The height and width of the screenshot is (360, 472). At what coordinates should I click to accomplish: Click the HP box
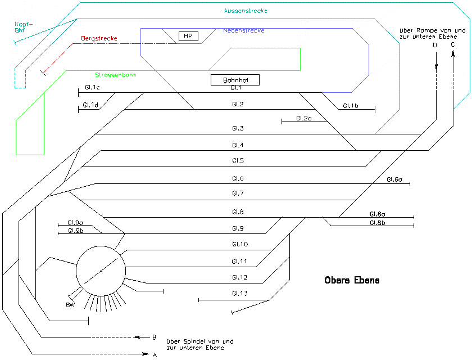tap(188, 36)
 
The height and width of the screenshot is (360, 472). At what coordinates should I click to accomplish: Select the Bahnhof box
tap(235, 80)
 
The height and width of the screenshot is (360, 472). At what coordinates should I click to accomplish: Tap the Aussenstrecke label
tap(245, 11)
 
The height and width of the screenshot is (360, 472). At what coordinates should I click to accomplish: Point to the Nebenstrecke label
tap(243, 30)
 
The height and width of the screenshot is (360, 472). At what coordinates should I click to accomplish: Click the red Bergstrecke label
tap(99, 38)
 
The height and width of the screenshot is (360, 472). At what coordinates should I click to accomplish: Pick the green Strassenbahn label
tap(116, 75)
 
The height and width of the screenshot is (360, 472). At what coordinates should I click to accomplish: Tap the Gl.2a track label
tap(303, 118)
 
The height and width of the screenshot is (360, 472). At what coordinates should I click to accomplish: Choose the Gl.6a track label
tap(394, 179)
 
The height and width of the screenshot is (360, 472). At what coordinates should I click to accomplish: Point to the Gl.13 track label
tap(239, 294)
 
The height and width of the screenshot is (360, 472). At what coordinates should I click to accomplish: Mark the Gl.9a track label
tap(75, 222)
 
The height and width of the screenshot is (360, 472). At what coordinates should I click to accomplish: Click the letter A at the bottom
tap(155, 355)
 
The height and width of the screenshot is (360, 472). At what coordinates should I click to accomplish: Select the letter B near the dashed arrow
tap(154, 337)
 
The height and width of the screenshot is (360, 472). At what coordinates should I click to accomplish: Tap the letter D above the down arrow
tap(435, 45)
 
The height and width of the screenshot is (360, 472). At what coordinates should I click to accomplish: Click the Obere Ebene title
tap(352, 280)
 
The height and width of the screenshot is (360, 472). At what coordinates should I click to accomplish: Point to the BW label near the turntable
tap(70, 305)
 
